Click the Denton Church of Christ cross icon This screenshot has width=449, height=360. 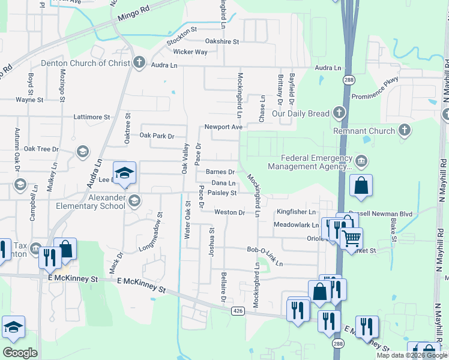[139, 62]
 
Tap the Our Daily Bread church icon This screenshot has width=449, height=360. [339, 112]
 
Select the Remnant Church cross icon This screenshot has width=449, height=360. [405, 130]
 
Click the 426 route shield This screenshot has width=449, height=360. [238, 310]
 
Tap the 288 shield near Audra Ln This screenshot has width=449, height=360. [348, 80]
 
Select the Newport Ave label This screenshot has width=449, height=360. [223, 127]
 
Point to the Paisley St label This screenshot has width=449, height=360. [222, 193]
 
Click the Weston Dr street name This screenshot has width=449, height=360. [229, 212]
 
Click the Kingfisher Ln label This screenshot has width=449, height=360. [295, 212]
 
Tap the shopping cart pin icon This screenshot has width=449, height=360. [351, 238]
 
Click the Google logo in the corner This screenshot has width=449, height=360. [20, 353]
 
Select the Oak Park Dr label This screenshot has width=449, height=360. [157, 136]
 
